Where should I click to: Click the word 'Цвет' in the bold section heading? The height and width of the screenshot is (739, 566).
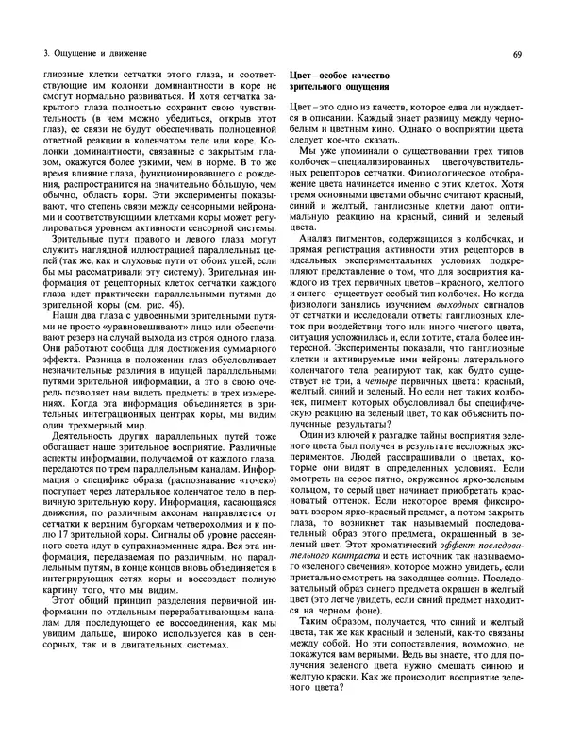click(x=303, y=75)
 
